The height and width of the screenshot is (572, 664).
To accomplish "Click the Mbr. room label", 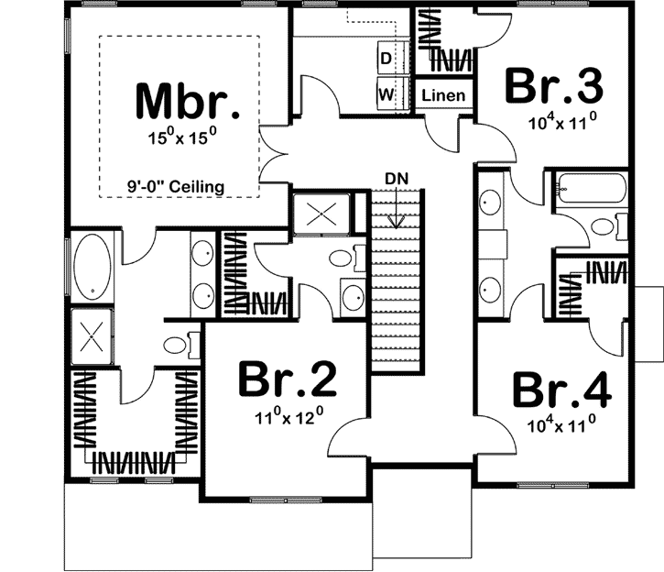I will pos(188,101).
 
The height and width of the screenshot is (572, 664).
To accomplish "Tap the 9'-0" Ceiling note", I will pos(176,186).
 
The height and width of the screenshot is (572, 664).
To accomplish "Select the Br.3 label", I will pos(554,87).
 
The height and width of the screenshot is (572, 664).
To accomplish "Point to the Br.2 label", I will pos(287,379).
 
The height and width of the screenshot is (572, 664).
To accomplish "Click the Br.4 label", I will pos(561,389).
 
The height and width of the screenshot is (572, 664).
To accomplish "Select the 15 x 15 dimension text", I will pos(187,138).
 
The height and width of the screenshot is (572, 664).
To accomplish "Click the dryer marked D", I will pos(386,59).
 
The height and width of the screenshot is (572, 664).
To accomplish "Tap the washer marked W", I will pos(386,93).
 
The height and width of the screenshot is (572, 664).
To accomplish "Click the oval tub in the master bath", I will pos(93,265).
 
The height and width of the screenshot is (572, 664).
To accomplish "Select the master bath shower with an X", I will pos(92,332).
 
